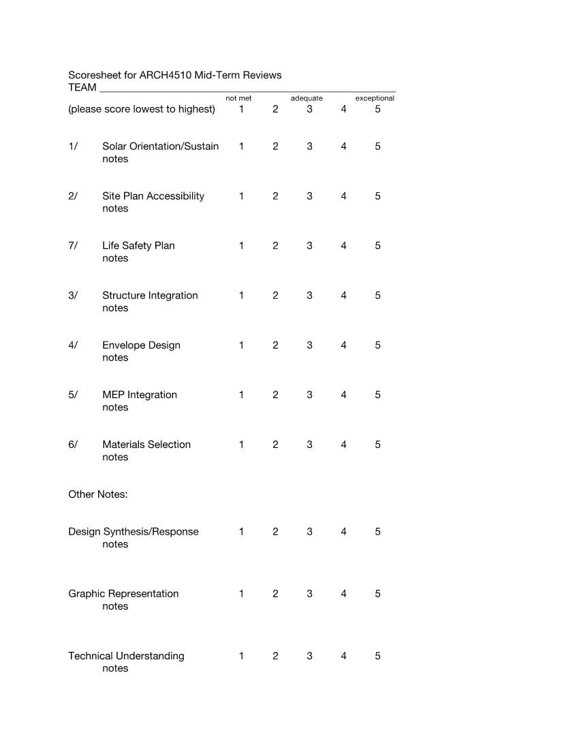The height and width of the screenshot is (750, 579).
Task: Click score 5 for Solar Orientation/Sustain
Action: click(377, 147)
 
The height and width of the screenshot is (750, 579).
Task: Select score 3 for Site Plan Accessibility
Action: click(309, 196)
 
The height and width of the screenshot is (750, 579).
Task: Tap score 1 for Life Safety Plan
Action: click(241, 246)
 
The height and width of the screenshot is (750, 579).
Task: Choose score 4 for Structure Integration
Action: click(343, 296)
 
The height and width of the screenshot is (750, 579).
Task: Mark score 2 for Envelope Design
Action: click(275, 346)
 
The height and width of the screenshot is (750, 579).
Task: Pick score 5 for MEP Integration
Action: click(377, 395)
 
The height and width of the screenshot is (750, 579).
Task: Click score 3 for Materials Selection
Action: click(309, 445)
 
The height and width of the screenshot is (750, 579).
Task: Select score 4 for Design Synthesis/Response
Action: click(343, 532)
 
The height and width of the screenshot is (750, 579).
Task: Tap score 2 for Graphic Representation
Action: click(275, 594)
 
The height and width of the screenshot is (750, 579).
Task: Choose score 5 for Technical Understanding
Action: click(377, 656)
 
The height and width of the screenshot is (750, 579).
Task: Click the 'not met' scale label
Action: click(238, 98)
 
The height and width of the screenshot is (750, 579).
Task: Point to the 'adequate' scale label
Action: click(307, 98)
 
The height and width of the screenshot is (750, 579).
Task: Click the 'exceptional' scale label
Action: click(375, 98)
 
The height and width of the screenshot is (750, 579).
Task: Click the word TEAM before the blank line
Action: click(82, 87)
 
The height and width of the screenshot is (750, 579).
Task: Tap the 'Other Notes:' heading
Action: click(97, 494)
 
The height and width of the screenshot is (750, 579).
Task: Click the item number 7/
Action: click(73, 246)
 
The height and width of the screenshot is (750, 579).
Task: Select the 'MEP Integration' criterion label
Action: click(140, 395)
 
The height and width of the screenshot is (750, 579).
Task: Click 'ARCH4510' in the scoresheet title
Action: click(166, 75)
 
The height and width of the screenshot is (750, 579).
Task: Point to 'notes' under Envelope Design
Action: click(115, 358)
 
